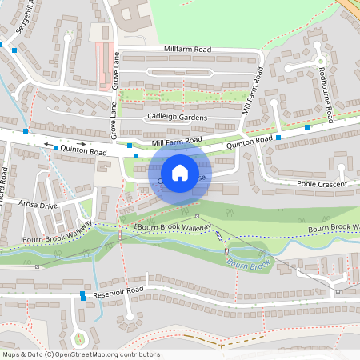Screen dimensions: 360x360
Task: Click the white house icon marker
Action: click(180, 172)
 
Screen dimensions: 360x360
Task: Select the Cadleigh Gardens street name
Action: click(177, 117)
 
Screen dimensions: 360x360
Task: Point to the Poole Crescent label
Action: click(322, 184)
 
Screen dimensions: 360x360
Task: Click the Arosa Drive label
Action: click(40, 206)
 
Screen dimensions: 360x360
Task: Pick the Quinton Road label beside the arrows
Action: click(88, 150)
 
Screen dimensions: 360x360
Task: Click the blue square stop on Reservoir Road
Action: click(82, 295)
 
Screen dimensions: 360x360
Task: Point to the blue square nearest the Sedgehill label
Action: click(14, 50)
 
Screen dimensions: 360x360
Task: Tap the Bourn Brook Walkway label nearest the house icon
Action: click(166, 228)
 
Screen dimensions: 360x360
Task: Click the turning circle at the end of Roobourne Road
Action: click(320, 61)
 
